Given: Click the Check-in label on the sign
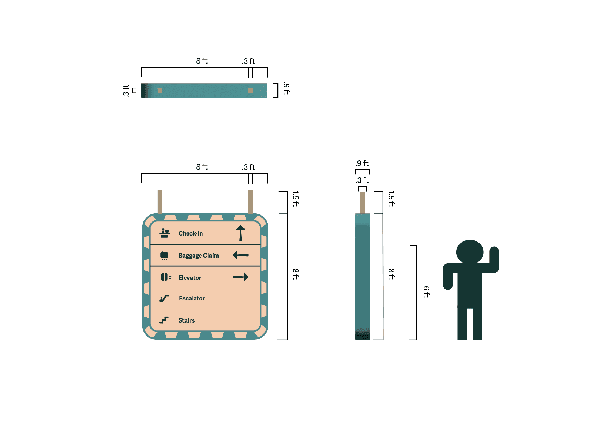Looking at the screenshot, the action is (x=190, y=233).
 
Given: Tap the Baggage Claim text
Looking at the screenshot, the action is (x=199, y=256).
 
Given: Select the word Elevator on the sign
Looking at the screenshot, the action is (x=190, y=278).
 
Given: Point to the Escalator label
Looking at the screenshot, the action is (x=192, y=298).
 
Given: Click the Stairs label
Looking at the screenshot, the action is (x=187, y=320).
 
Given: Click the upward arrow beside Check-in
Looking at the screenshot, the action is (x=241, y=233).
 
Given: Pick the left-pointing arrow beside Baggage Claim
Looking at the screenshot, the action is (x=241, y=255).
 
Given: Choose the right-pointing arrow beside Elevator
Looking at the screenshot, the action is (x=241, y=277).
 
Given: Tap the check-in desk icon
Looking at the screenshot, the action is (x=165, y=233).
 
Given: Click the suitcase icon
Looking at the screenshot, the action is (x=164, y=255).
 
